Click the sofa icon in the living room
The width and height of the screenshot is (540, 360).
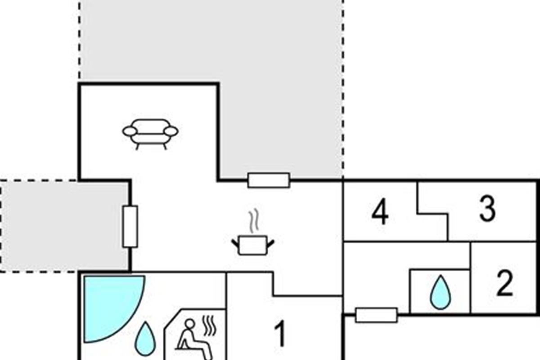click(150, 133)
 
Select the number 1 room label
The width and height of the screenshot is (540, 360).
click(280, 334)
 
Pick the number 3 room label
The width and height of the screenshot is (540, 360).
click(487, 210)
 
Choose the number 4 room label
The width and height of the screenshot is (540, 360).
click(380, 213)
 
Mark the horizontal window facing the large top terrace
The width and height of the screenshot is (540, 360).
click(269, 180)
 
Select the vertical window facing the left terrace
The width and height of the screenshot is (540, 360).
click(130, 226)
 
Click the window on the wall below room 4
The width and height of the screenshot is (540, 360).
click(376, 315)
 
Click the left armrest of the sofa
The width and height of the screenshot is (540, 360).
click(130, 131)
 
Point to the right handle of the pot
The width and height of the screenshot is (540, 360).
click(270, 243)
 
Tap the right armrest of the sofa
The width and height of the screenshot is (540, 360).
click(171, 131)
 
